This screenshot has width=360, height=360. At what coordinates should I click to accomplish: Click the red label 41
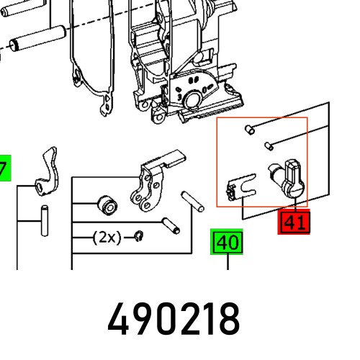tap(294, 222)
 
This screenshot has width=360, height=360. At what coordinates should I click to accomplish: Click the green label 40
tap(228, 243)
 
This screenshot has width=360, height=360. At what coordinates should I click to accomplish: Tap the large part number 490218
tap(174, 318)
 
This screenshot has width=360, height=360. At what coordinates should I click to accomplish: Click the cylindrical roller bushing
tap(107, 204)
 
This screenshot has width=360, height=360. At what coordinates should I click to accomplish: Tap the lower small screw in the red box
tap(268, 144)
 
